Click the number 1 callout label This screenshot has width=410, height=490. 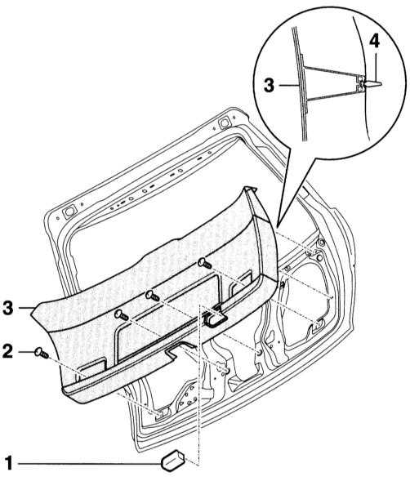pos(9,464)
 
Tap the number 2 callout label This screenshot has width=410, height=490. pos(8,350)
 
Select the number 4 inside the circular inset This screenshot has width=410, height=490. pos(374,42)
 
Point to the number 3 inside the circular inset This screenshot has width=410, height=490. pos(269,85)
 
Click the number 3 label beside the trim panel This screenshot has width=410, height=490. pos(8,308)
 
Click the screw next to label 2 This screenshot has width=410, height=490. pos(42,353)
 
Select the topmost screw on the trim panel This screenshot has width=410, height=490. pos(205,263)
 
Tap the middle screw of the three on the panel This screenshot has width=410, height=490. pos(153,296)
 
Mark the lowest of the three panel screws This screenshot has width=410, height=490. pos(121,314)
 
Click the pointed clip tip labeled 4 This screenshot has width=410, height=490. pos(374,84)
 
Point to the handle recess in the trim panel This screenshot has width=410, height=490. pos(216,318)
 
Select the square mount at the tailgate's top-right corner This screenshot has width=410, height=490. pos(225,122)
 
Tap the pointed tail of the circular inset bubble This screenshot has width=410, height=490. pos(278,225)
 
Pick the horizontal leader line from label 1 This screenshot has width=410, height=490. pos(90,464)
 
